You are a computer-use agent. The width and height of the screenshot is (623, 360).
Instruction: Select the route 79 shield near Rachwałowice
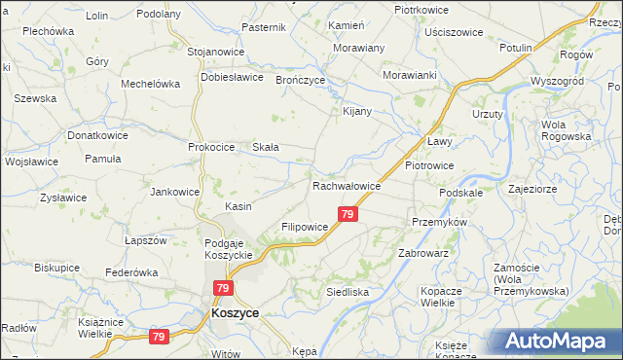tap(348, 213)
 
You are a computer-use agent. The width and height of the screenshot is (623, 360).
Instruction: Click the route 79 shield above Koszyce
tap(224, 288)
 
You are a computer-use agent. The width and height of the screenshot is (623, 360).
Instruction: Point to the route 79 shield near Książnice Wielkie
tap(158, 336)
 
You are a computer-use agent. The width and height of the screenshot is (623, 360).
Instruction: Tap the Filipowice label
tap(307, 226)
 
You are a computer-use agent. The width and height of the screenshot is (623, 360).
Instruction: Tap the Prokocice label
tap(212, 147)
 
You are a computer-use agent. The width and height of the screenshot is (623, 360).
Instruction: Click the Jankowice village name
tap(174, 192)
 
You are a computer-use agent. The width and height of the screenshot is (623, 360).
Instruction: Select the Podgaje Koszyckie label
tap(229, 248)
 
